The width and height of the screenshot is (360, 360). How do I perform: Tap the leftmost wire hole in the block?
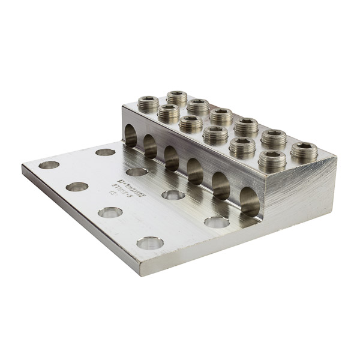(131, 137)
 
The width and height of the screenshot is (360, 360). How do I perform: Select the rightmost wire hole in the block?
(250, 202)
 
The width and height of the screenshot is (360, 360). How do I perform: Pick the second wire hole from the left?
(150, 146)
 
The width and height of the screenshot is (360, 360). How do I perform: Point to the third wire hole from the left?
(172, 158)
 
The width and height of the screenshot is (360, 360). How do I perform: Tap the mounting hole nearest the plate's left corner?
(49, 165)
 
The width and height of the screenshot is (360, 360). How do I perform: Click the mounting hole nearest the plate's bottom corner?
(150, 243)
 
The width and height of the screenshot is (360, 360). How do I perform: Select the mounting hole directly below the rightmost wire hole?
(217, 223)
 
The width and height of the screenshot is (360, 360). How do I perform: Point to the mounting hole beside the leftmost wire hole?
(105, 152)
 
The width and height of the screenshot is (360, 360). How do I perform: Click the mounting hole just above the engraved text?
(137, 172)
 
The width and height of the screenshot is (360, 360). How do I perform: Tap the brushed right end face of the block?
(300, 186)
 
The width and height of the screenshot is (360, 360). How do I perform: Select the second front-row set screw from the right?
(243, 147)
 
